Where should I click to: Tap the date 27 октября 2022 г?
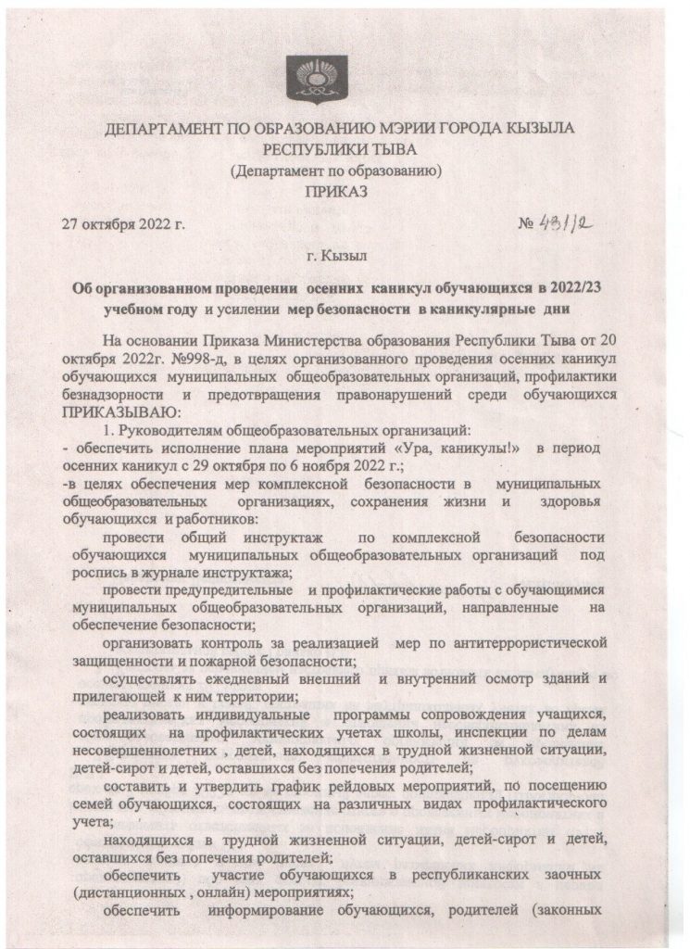click(123, 224)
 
